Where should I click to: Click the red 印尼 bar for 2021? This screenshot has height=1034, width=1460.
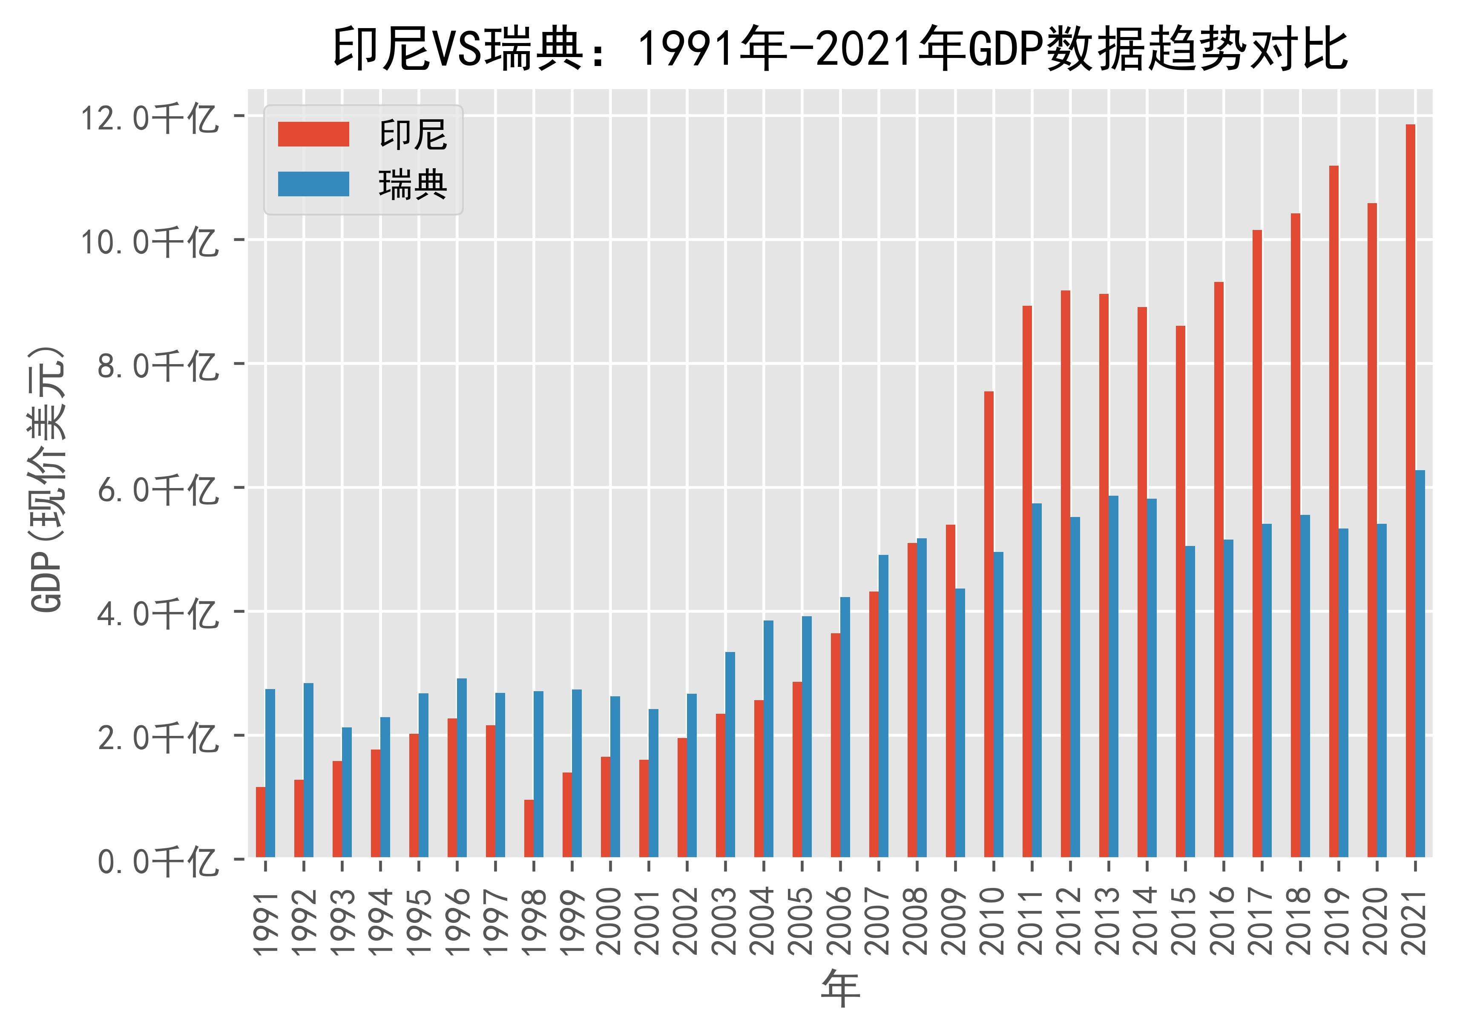[1410, 490]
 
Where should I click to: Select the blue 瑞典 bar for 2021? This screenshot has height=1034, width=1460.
[1420, 663]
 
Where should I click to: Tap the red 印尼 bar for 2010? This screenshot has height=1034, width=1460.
[988, 624]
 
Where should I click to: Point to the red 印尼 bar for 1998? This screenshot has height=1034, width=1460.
[529, 828]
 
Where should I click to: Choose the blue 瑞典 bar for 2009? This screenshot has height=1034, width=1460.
[960, 723]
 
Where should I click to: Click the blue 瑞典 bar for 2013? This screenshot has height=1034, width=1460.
[1113, 676]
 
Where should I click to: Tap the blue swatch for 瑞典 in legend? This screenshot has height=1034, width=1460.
[313, 184]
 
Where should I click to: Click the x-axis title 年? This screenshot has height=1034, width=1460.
[840, 989]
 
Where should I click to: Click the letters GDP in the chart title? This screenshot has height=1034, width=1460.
[1000, 50]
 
